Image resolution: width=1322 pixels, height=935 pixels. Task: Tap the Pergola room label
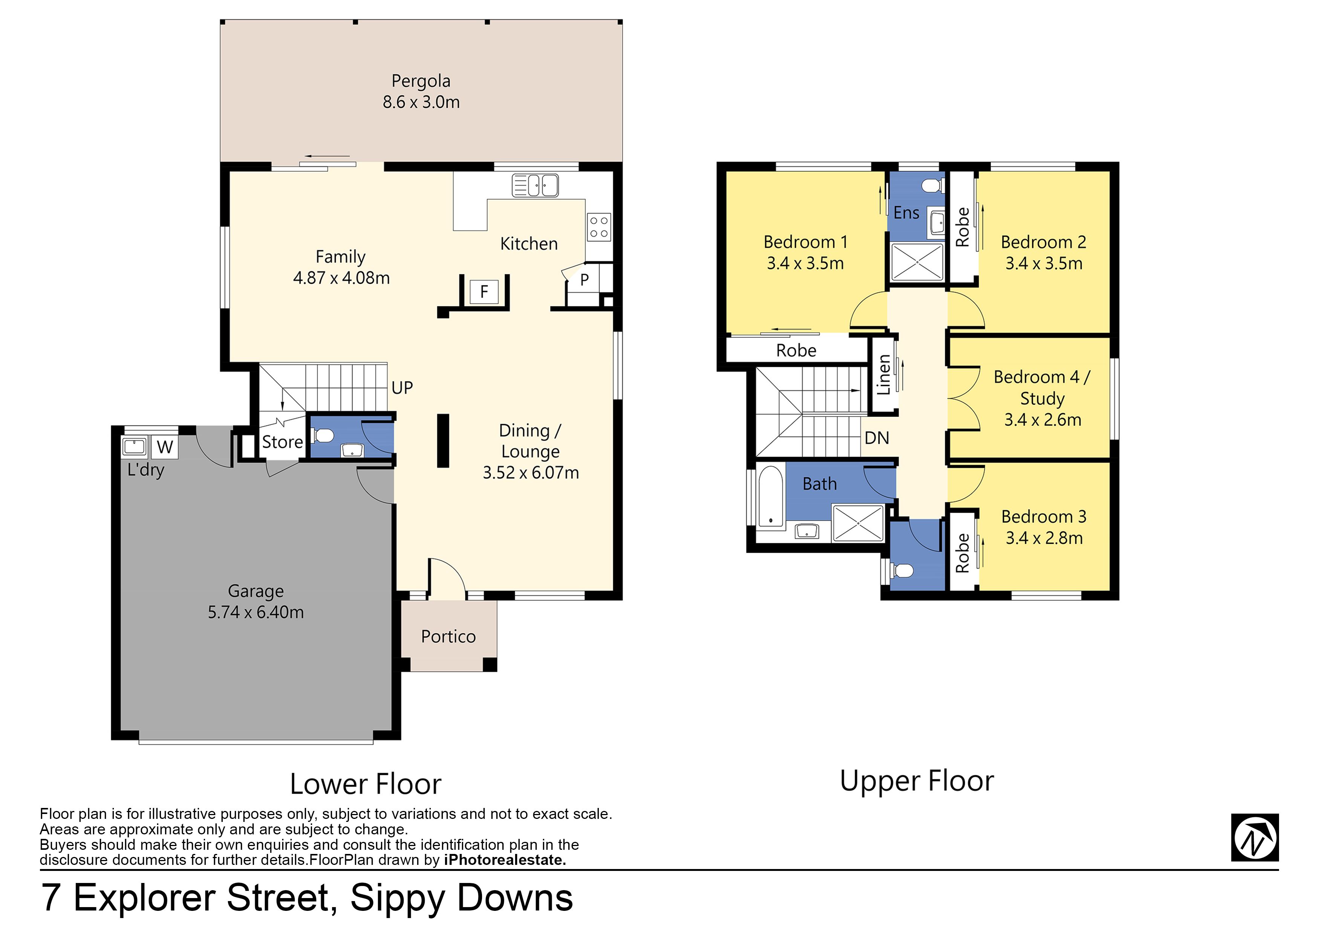click(x=421, y=81)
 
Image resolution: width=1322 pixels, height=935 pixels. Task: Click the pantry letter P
click(x=584, y=280)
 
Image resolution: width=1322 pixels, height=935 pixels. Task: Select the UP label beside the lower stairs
click(x=402, y=388)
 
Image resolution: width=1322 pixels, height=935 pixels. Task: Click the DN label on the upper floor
click(x=877, y=438)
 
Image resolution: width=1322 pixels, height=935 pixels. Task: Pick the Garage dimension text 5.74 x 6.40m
click(x=256, y=612)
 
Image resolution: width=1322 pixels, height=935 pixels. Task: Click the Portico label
click(x=448, y=636)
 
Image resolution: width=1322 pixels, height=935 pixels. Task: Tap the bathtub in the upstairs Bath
click(x=770, y=497)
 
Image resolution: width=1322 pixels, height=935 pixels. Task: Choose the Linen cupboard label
click(x=884, y=374)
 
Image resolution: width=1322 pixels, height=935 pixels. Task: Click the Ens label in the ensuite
click(x=906, y=213)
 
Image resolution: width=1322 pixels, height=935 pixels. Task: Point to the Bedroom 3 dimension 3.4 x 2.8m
click(x=1044, y=538)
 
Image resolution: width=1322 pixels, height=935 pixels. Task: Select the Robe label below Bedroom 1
click(x=796, y=350)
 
